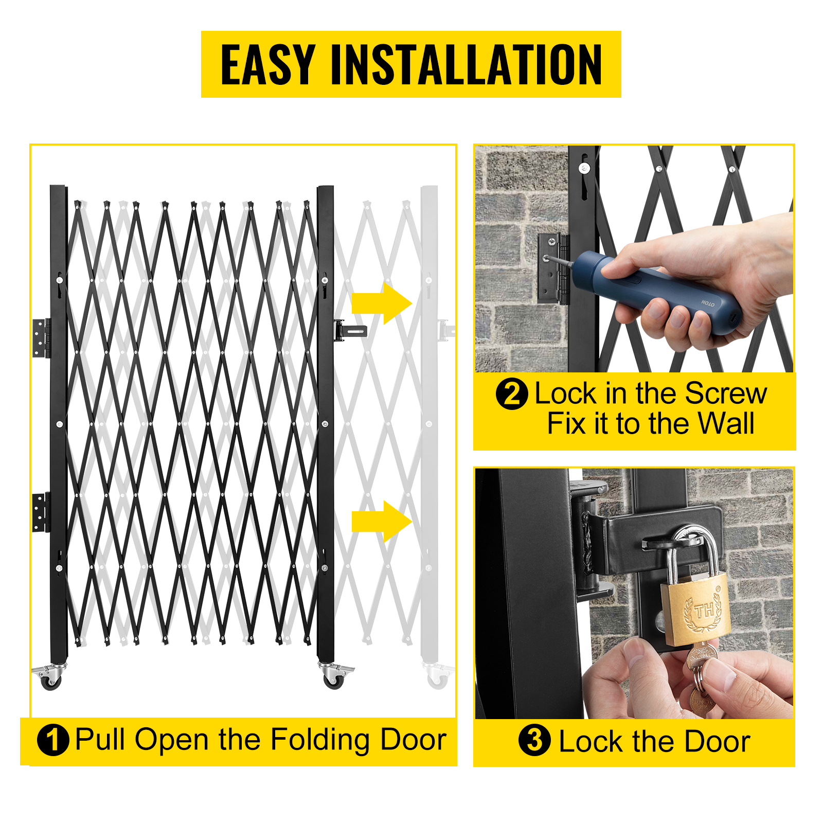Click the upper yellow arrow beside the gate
(382, 303)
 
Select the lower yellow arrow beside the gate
(382, 522)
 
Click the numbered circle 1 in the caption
(53, 740)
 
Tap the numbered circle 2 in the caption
(512, 394)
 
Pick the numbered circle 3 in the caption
(534, 740)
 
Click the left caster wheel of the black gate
(51, 681)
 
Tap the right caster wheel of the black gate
(333, 681)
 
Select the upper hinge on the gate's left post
(42, 338)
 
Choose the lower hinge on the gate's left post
(42, 512)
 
